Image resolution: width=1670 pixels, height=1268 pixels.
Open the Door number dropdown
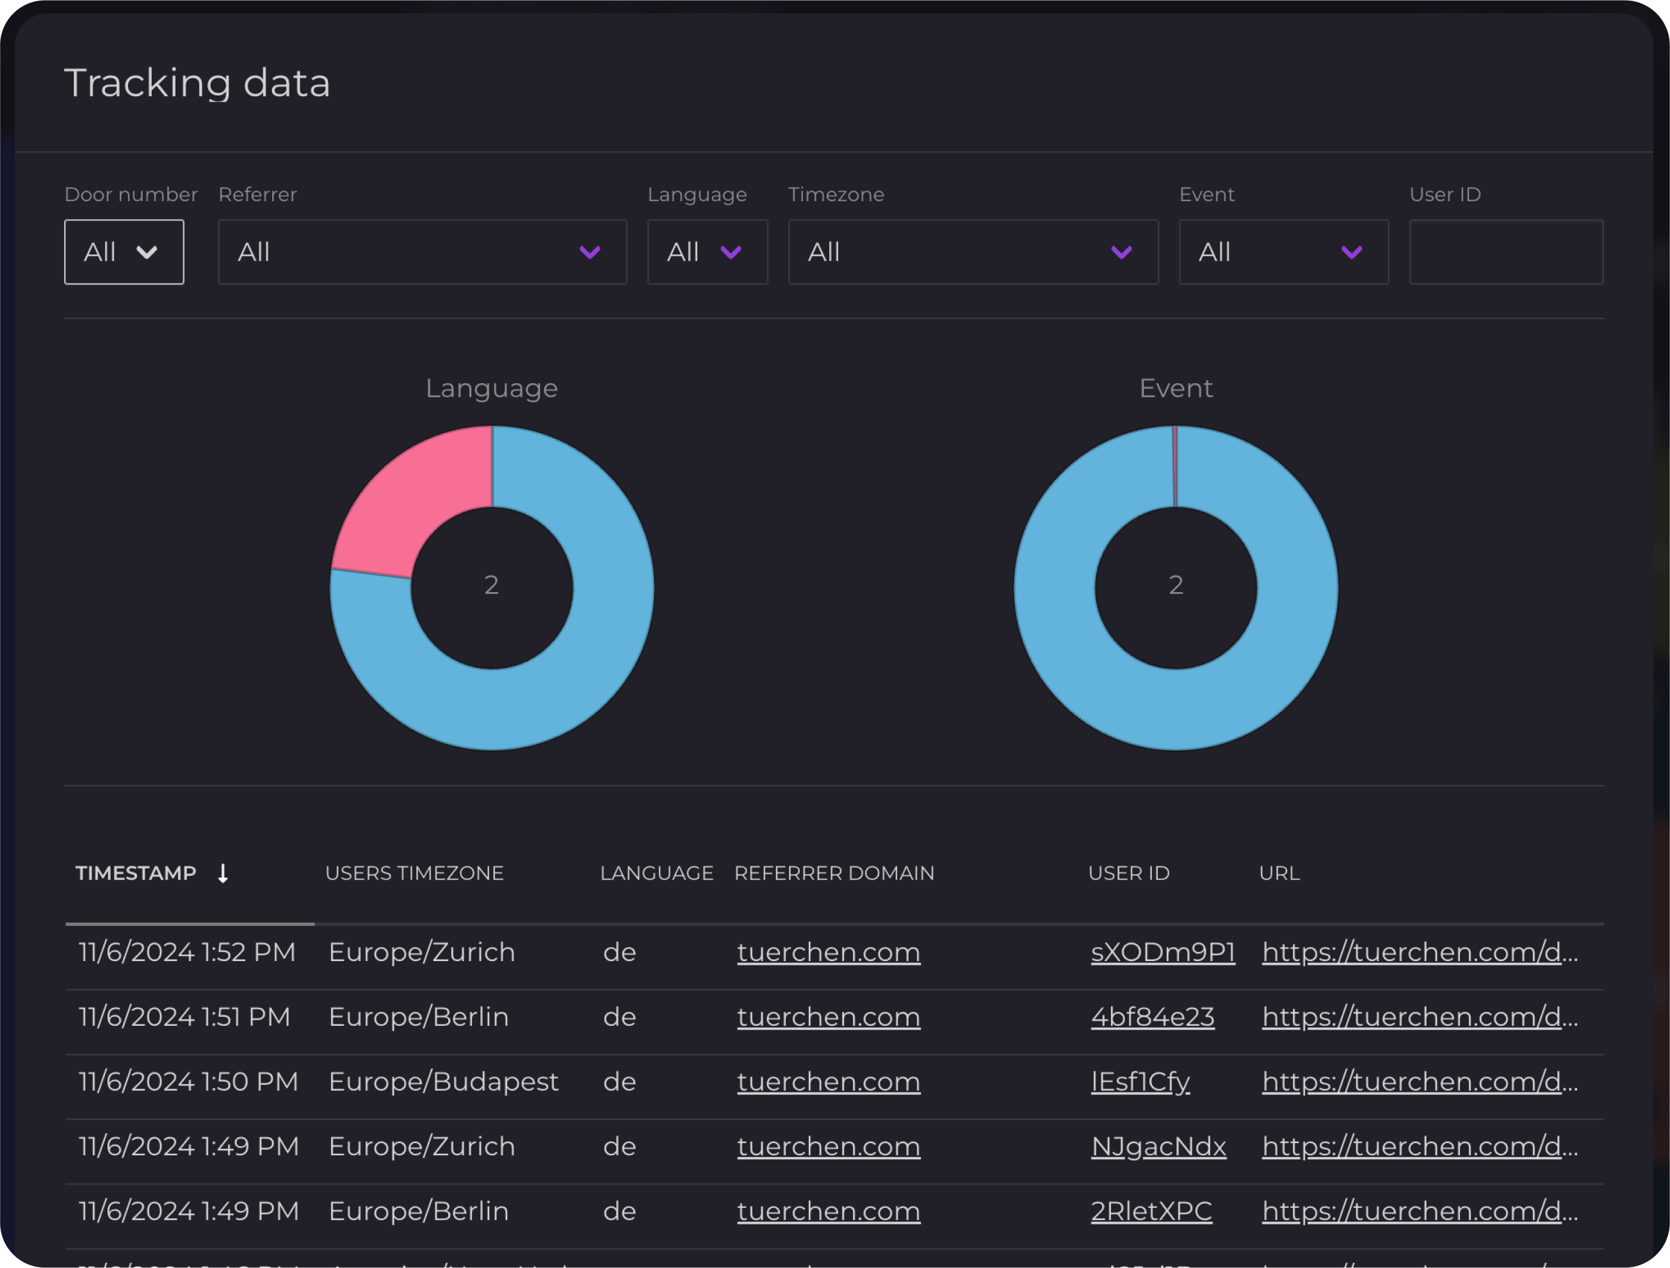pos(124,252)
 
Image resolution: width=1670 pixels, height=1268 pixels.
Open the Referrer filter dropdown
pos(422,252)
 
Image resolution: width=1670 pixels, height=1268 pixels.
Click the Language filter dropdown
pos(707,252)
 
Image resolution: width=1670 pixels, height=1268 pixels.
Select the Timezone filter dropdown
pos(973,252)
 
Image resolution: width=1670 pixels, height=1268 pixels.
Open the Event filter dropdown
pos(1283,252)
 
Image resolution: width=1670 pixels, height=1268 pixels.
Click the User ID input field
pos(1505,252)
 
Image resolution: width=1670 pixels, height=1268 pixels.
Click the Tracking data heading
pos(197,83)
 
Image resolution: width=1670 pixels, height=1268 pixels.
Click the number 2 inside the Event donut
pos(1176,585)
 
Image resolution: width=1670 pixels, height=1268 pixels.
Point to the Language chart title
pos(492,388)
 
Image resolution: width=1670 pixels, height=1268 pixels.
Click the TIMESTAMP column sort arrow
pos(223,873)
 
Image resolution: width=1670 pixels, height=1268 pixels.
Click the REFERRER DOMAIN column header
pos(834,873)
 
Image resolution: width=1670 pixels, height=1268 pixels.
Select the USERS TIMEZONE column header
pos(414,873)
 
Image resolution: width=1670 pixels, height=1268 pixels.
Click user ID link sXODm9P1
pos(1163,952)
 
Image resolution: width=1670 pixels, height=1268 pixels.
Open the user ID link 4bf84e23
pos(1152,1017)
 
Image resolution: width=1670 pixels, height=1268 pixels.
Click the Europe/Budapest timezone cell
pos(443,1082)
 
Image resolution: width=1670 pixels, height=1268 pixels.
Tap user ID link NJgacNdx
pos(1158,1147)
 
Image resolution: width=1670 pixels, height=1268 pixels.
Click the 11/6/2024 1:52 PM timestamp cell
pos(186,952)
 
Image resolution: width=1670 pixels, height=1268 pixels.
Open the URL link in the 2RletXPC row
pos(1420,1212)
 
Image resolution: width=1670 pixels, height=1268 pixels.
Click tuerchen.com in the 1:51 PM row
pos(828,1017)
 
